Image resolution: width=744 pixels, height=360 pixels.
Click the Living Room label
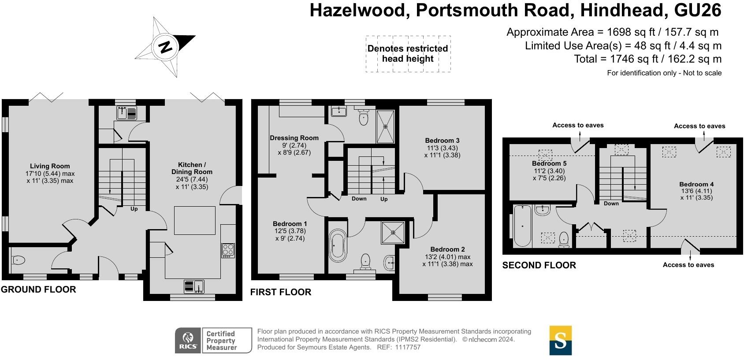click(x=50, y=166)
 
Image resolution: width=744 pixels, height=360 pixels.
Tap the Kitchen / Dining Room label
click(x=192, y=168)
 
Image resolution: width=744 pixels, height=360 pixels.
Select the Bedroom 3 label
click(x=442, y=141)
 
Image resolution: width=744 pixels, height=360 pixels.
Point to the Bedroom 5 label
click(x=549, y=163)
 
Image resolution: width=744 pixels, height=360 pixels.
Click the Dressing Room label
click(x=294, y=138)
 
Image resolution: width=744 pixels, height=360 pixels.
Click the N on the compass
click(x=165, y=47)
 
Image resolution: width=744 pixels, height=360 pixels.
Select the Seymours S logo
click(x=560, y=340)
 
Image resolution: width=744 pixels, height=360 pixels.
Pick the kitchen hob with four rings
click(x=228, y=251)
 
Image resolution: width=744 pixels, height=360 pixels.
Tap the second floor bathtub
click(x=522, y=226)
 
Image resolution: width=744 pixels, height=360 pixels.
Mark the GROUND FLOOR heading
click(x=38, y=289)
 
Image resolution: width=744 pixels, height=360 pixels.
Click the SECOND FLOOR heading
click(x=539, y=265)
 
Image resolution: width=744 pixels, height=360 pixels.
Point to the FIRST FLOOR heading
click(x=281, y=292)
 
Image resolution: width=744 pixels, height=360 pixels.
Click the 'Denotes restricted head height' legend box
click(x=408, y=54)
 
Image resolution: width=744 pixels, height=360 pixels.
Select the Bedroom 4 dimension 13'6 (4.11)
click(x=696, y=191)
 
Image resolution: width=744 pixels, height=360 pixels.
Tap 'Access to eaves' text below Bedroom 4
click(x=688, y=265)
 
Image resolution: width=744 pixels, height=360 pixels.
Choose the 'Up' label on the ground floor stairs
click(x=134, y=209)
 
